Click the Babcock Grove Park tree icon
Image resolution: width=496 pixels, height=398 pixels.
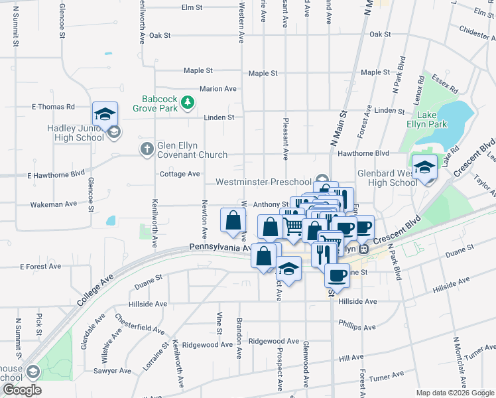(188, 101)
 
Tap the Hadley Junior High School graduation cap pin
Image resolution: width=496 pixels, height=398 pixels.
(105, 115)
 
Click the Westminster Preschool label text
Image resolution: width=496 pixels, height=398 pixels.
(263, 182)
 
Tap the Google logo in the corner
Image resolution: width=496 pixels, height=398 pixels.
(21, 389)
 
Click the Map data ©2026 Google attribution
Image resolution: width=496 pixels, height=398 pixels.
(454, 392)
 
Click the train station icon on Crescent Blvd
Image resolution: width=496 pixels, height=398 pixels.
(363, 249)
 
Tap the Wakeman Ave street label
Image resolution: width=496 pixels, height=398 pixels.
(54, 205)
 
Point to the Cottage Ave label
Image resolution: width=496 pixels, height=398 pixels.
(180, 174)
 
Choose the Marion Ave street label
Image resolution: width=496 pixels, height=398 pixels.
(218, 89)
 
